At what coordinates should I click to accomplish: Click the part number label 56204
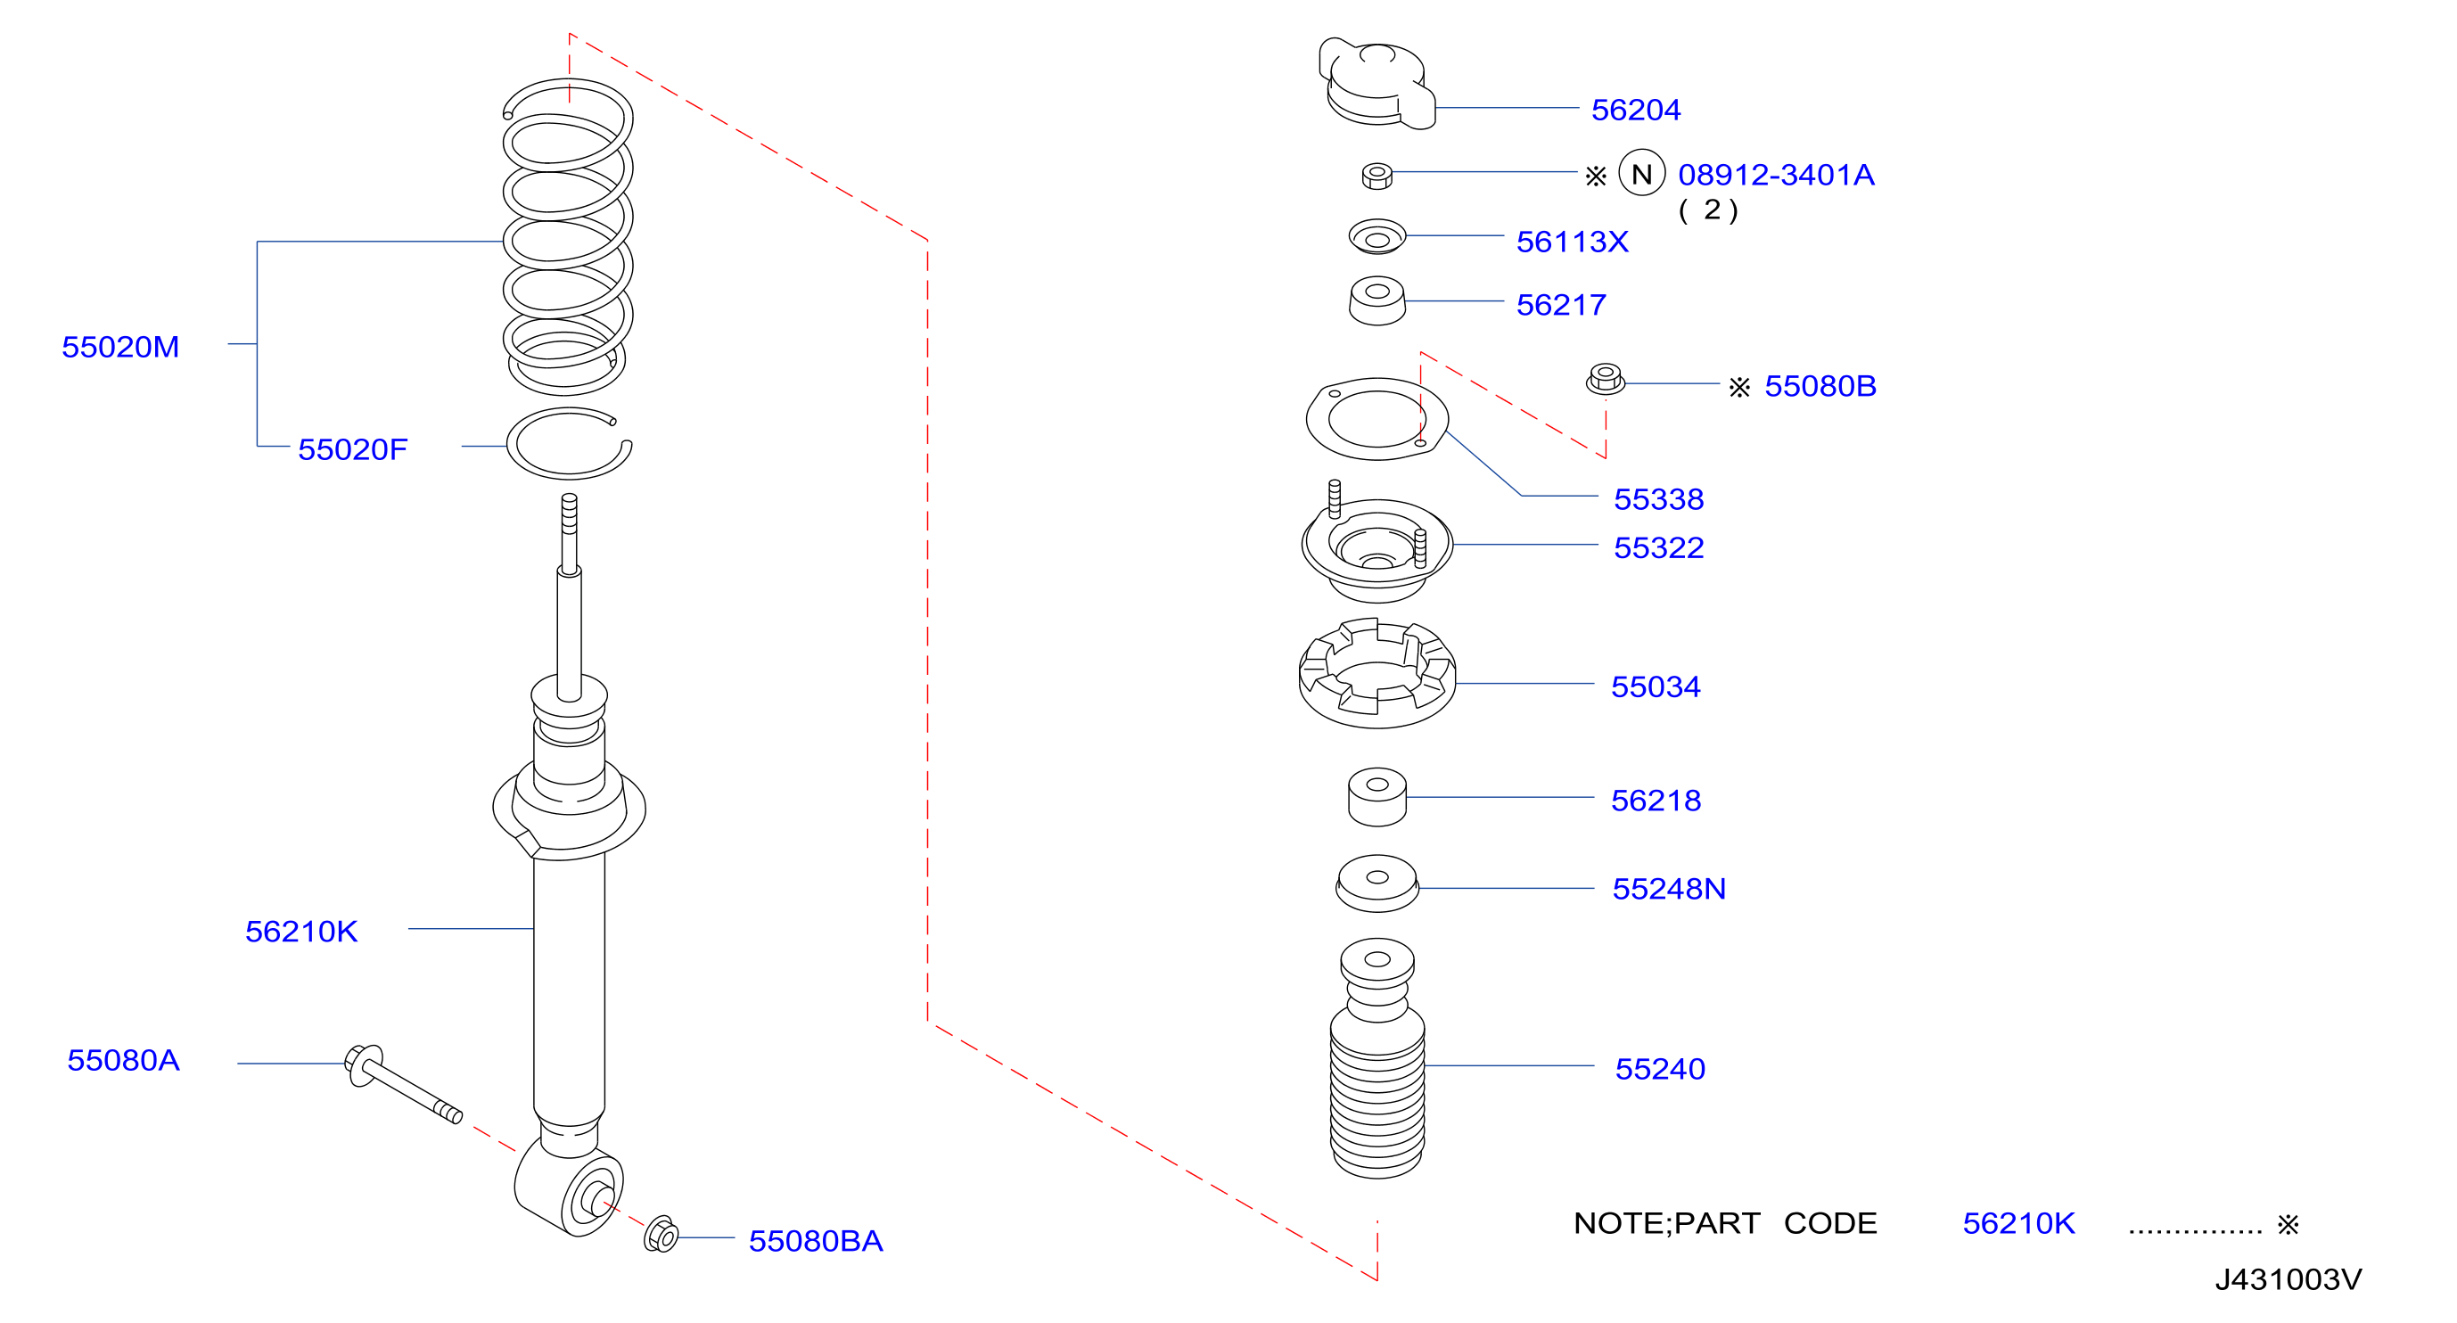1635,110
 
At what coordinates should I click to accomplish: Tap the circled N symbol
1641,174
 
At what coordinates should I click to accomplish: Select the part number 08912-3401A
1776,175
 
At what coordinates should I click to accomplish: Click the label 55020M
120,346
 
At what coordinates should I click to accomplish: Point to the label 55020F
352,449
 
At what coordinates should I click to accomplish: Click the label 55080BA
816,1240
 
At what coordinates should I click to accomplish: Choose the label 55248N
1668,889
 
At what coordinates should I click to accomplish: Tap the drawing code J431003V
2288,1279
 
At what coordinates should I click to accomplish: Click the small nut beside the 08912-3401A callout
1376,176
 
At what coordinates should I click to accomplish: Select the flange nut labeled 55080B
1606,379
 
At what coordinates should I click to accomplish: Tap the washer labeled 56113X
1376,236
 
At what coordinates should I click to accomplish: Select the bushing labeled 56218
1376,796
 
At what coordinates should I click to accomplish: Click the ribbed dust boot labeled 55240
1376,1059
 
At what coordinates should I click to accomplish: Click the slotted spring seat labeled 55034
1376,673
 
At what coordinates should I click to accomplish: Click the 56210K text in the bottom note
2018,1223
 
